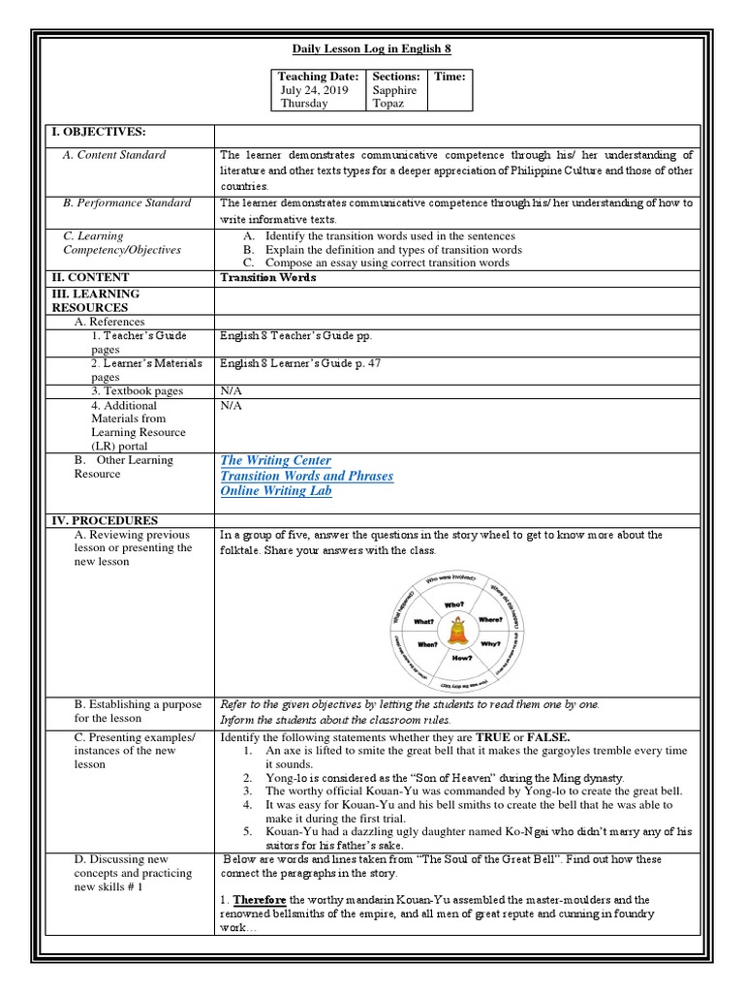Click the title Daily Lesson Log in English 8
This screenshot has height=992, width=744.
point(373,48)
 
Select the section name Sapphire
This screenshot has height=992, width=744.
point(394,90)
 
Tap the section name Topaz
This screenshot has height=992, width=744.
point(389,104)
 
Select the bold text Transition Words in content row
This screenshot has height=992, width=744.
point(268,277)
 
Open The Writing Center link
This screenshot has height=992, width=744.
point(275,461)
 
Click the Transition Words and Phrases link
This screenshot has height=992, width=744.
point(306,477)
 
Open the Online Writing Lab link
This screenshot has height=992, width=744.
point(276,491)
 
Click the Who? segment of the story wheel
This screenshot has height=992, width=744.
point(453,604)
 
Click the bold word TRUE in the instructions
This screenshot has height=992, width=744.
point(513,737)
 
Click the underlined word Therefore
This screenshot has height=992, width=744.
point(260,900)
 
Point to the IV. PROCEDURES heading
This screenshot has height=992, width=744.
point(105,520)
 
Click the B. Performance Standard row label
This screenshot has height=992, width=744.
point(127,203)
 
